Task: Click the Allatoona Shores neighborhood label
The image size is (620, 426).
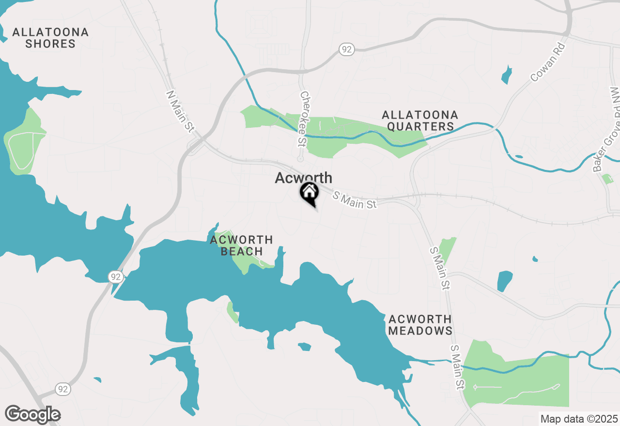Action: coord(50,38)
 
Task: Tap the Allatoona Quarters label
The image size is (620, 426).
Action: coord(420,121)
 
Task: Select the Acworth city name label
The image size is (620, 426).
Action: coord(303,178)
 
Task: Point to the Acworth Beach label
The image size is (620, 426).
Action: coord(241,245)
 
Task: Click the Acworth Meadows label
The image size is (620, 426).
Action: coord(420,325)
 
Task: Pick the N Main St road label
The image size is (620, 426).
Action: coord(180,111)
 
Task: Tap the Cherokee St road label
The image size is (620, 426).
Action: coord(304,119)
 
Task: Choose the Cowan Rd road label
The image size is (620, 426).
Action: coord(548,62)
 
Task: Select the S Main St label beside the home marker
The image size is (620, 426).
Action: coord(355,200)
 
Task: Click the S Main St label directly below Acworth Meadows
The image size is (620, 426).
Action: coord(457,367)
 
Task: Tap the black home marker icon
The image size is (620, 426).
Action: coord(309,192)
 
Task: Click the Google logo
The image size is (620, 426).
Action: coord(32,415)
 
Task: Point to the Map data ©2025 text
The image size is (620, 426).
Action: coord(579,419)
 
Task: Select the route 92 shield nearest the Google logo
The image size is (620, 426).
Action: coord(62,389)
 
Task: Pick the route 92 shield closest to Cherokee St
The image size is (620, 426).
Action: coord(347,49)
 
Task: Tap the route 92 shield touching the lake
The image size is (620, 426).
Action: coord(115,277)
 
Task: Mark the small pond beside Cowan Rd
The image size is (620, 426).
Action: coord(507,75)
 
